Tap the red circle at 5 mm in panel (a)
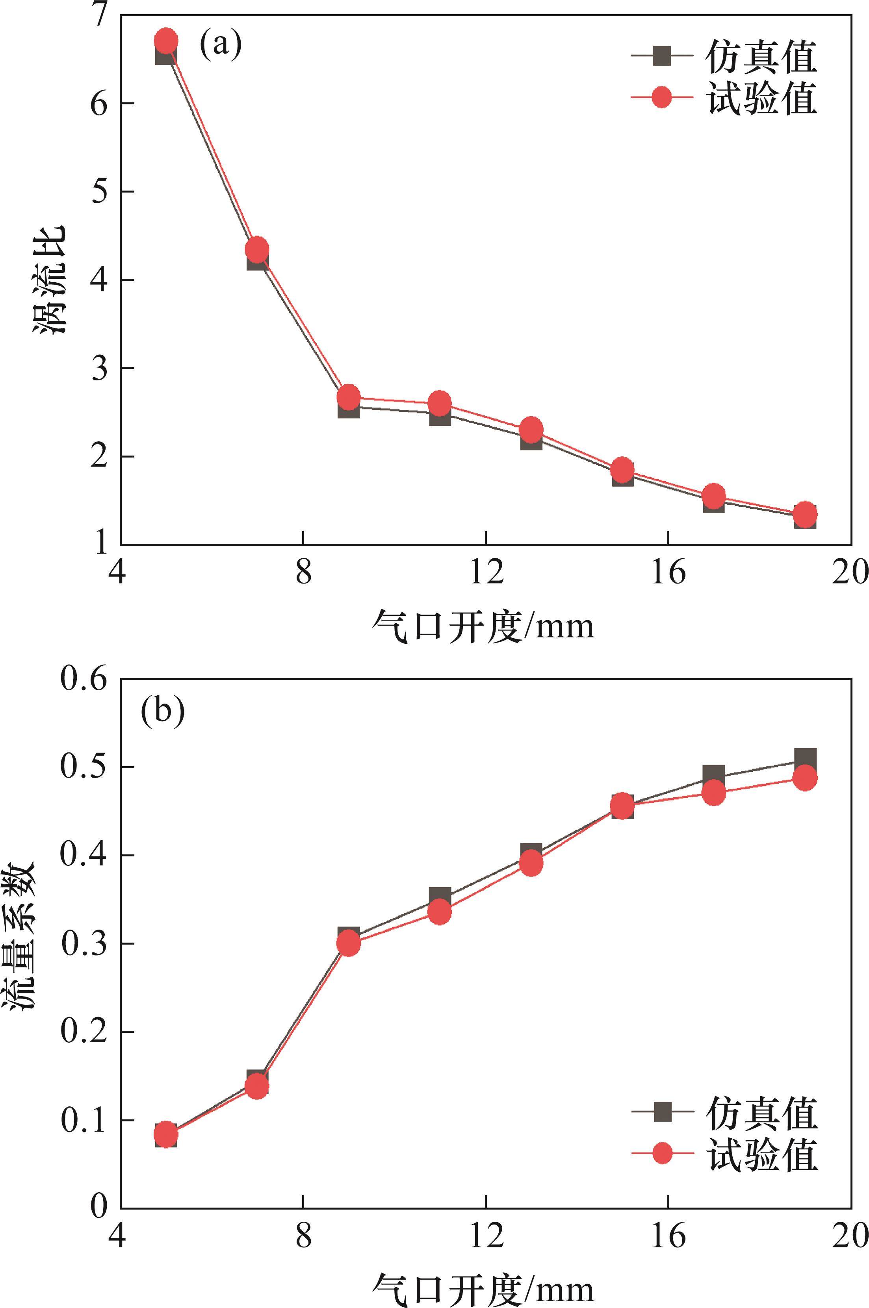point(166,41)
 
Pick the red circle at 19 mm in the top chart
point(805,515)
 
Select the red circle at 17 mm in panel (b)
point(714,793)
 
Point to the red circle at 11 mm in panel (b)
point(440,912)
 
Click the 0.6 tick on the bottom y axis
point(84,679)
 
